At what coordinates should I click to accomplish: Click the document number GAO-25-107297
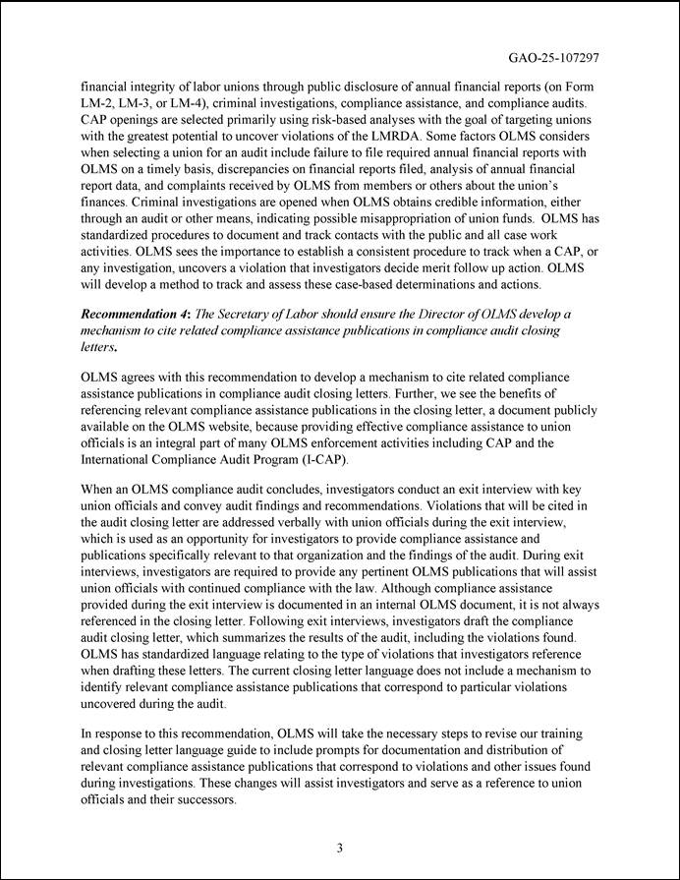pos(553,58)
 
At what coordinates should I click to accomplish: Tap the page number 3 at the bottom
pos(339,849)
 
